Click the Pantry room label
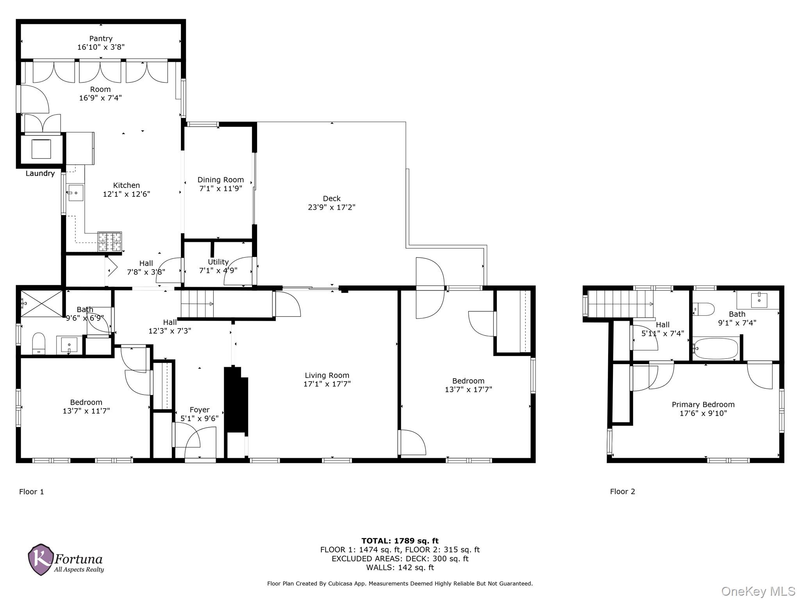[101, 39]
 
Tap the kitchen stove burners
[110, 241]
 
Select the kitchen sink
[75, 193]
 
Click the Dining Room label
[220, 180]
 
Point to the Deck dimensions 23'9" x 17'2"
[332, 207]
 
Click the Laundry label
[40, 173]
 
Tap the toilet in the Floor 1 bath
[39, 343]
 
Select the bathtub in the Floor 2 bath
[716, 348]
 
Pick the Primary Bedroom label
[703, 405]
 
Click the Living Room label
[327, 375]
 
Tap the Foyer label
[200, 410]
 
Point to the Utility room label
[218, 262]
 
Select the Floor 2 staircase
[620, 304]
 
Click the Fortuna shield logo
[40, 559]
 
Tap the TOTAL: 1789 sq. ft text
[400, 541]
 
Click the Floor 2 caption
[623, 491]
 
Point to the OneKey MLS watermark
[758, 591]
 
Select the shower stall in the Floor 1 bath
[41, 304]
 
